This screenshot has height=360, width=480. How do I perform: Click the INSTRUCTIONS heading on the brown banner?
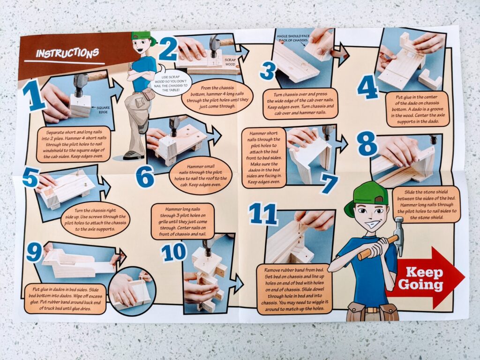click(67, 53)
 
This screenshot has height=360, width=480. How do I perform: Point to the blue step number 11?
click(263, 214)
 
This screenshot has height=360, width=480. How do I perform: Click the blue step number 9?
click(34, 251)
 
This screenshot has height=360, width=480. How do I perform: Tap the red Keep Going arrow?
click(426, 277)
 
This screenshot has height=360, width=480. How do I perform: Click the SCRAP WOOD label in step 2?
click(230, 62)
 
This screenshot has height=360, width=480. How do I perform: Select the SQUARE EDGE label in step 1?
click(103, 110)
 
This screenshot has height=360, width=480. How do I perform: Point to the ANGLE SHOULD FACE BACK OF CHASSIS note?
click(293, 38)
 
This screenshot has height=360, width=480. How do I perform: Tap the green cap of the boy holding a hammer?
click(366, 195)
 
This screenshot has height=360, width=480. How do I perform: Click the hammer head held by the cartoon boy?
click(399, 234)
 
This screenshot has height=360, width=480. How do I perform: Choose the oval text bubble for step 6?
click(201, 175)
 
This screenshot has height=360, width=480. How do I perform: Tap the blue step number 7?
click(329, 184)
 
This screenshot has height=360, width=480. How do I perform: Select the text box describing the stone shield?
click(426, 205)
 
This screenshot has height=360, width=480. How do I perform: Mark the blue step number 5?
click(30, 177)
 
